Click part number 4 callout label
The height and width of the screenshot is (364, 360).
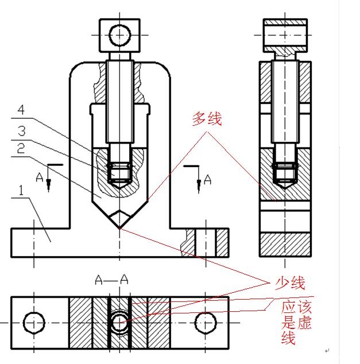tap(21, 109)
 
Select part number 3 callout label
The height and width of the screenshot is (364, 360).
tap(21, 129)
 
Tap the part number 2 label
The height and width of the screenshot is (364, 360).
tap(21, 149)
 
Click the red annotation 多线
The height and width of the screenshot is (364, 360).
tap(206, 120)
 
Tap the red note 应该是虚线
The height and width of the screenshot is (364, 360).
tap(296, 322)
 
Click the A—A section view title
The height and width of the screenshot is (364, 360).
tap(111, 280)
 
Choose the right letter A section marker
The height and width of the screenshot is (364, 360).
tap(208, 180)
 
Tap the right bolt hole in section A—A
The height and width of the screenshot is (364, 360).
tap(204, 322)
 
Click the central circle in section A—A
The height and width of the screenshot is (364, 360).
tap(119, 322)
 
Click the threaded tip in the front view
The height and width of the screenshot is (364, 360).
tap(119, 172)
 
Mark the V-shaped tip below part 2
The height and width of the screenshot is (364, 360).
tap(119, 219)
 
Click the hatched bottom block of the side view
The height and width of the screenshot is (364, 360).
tap(285, 243)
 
